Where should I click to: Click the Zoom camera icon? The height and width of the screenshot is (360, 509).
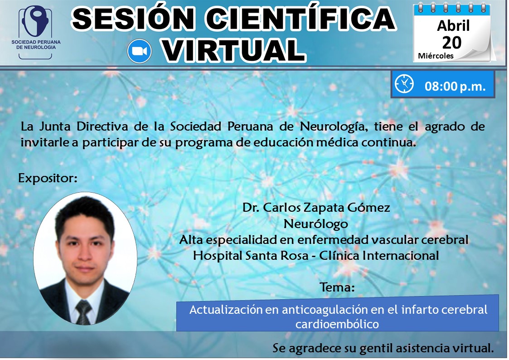[x=139, y=51]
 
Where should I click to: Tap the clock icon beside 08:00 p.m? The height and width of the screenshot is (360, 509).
[x=404, y=84]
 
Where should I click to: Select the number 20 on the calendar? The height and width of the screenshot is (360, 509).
[x=451, y=42]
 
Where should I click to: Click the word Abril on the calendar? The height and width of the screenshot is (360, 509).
[x=453, y=25]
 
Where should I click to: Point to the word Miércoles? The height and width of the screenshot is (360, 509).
[x=436, y=56]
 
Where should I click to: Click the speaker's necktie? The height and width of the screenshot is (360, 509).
[x=83, y=312]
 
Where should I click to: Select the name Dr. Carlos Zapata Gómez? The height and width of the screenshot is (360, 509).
[x=316, y=208]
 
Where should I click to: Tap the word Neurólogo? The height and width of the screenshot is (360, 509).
[x=315, y=224]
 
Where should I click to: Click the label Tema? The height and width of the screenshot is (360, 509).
[x=337, y=287]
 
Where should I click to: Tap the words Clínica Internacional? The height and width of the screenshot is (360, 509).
[x=379, y=256]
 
